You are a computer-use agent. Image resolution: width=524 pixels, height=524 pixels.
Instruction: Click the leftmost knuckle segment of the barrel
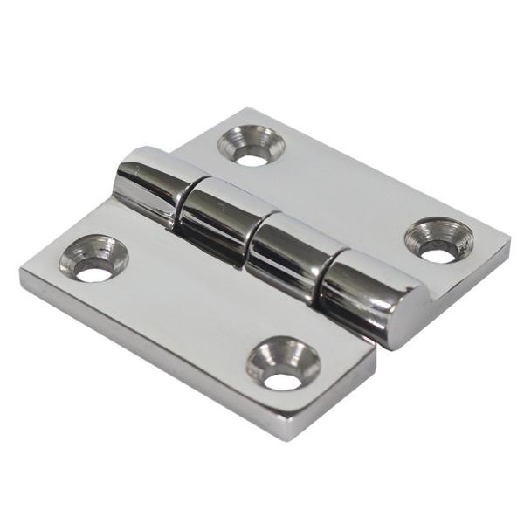tap(148, 186)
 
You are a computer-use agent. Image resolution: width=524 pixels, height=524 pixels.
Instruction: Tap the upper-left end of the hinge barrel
tap(122, 170)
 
